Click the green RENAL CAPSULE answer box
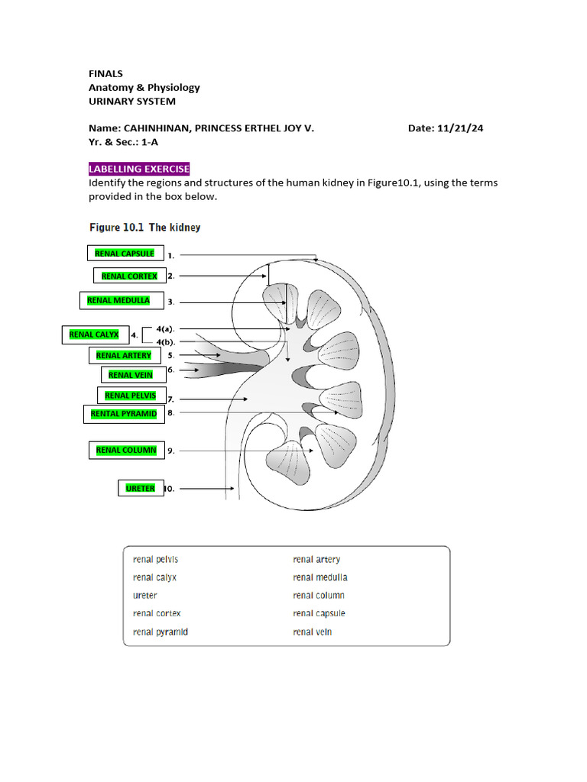pyautogui.click(x=125, y=254)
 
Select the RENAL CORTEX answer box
pyautogui.click(x=129, y=276)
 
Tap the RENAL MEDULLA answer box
pyautogui.click(x=118, y=300)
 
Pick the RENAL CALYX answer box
pyautogui.click(x=94, y=334)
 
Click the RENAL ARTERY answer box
pyautogui.click(x=124, y=355)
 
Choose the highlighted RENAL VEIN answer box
pyautogui.click(x=131, y=375)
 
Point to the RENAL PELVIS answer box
pyautogui.click(x=130, y=396)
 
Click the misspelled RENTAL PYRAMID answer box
pyautogui.click(x=123, y=414)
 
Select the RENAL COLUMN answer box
pyautogui.click(x=126, y=451)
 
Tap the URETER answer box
pyautogui.click(x=141, y=488)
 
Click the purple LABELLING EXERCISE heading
pyautogui.click(x=139, y=169)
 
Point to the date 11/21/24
pyautogui.click(x=459, y=128)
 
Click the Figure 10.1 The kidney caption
pyautogui.click(x=145, y=228)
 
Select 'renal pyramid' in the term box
pyautogui.click(x=161, y=632)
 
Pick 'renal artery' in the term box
pyautogui.click(x=316, y=560)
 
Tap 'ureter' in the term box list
pyautogui.click(x=145, y=596)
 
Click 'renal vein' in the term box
pyautogui.click(x=313, y=632)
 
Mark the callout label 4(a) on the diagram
pyautogui.click(x=166, y=328)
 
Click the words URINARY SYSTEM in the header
pyautogui.click(x=132, y=101)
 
